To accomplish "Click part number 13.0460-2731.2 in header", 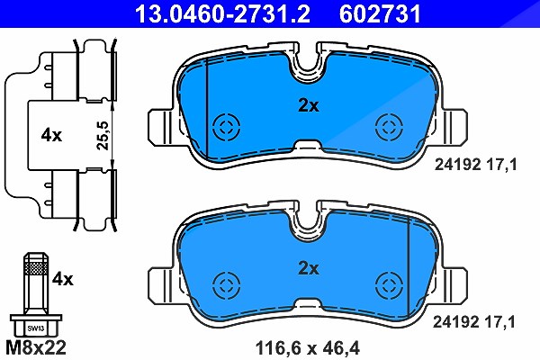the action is click(222, 13).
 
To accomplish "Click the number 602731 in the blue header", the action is click(380, 13).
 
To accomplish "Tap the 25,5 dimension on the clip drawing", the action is click(103, 135).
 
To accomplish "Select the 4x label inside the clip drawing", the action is click(51, 135).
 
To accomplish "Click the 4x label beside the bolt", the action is click(63, 279).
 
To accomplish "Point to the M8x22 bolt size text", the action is click(36, 347).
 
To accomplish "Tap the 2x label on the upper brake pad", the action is click(309, 106).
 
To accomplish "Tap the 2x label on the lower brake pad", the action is click(309, 268).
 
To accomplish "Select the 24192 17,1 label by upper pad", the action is click(475, 165).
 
